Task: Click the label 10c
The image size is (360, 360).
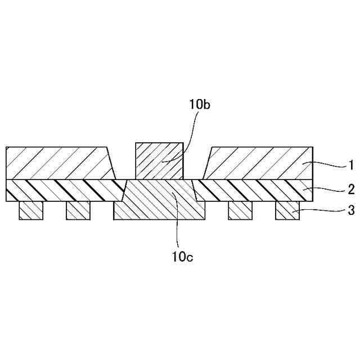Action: pyautogui.click(x=183, y=257)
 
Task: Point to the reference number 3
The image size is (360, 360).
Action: pyautogui.click(x=350, y=211)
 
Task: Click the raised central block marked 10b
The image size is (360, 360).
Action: pyautogui.click(x=159, y=161)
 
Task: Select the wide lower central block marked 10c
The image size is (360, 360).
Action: pyautogui.click(x=160, y=201)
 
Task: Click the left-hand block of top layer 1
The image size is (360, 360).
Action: pyautogui.click(x=59, y=163)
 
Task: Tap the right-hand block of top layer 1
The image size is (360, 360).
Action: pyautogui.click(x=259, y=163)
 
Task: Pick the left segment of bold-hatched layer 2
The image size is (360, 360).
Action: pyautogui.click(x=62, y=190)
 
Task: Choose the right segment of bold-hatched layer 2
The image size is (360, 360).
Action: pyautogui.click(x=253, y=190)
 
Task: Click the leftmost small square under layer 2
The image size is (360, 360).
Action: pyautogui.click(x=31, y=210)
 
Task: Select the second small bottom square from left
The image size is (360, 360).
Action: pyautogui.click(x=78, y=210)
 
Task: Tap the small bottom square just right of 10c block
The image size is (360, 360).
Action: pyautogui.click(x=240, y=210)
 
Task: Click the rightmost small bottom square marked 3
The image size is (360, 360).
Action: pyautogui.click(x=287, y=210)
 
